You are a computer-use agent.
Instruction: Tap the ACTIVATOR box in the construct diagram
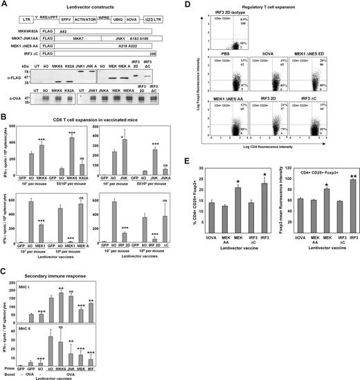[x=101, y=22]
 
